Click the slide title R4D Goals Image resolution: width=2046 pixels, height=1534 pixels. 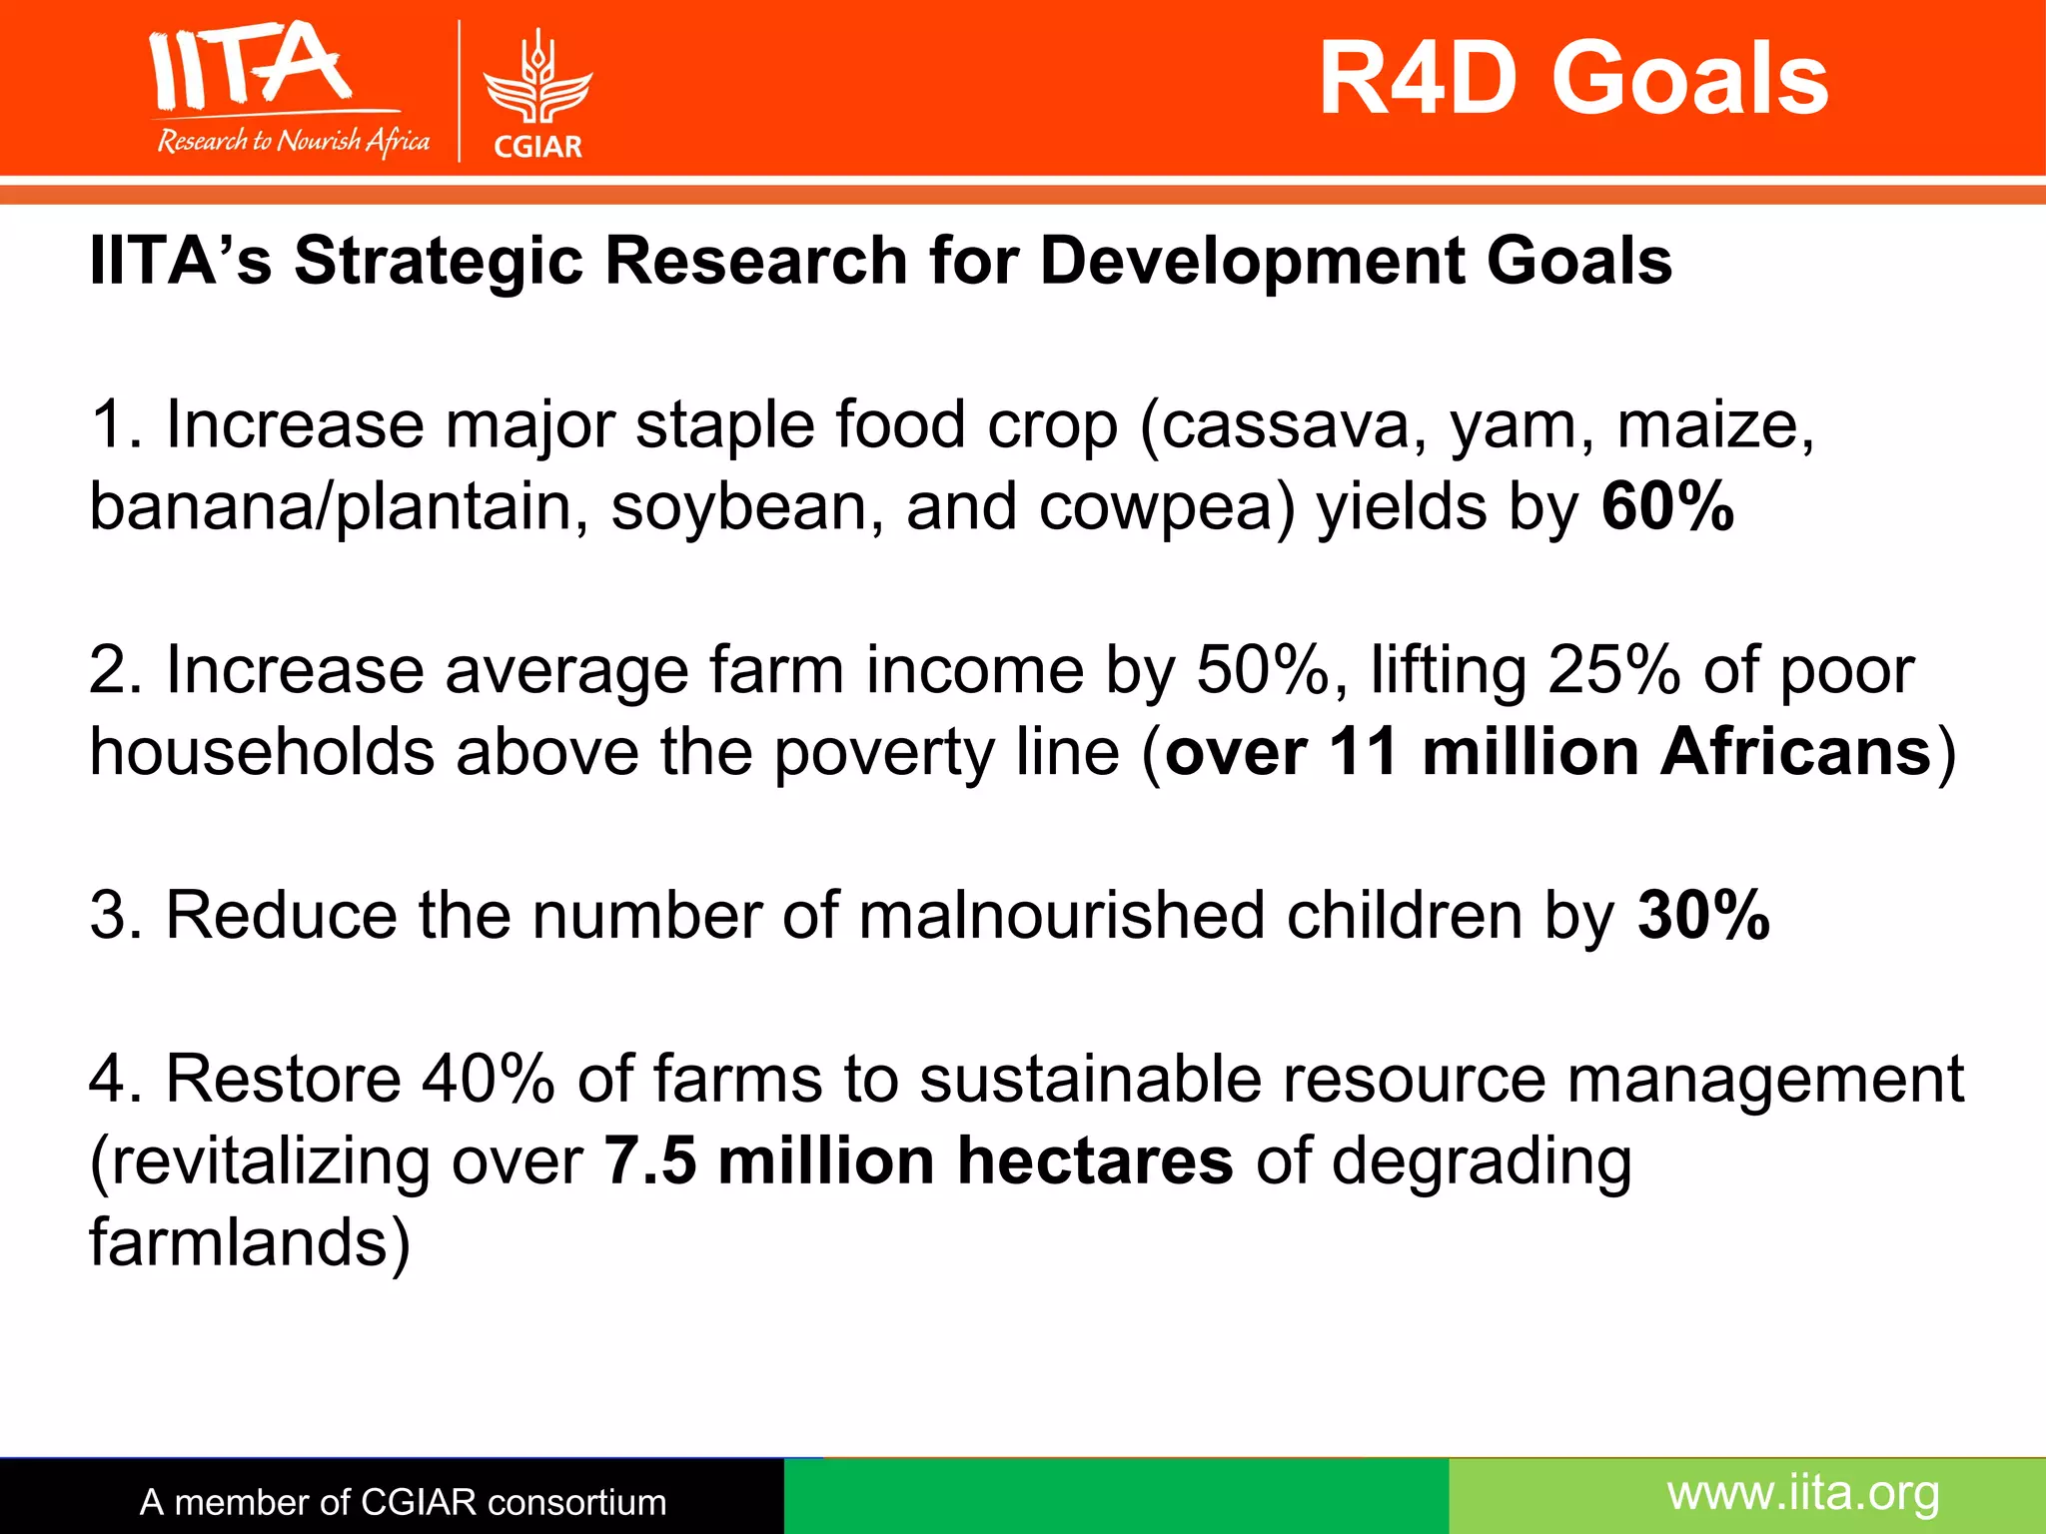(x=1572, y=79)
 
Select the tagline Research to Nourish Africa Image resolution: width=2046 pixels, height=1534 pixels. (x=293, y=141)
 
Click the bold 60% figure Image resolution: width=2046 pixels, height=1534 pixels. (x=1666, y=506)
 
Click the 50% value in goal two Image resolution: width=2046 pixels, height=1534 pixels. (x=1263, y=670)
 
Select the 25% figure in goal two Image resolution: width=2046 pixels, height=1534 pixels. (x=1612, y=670)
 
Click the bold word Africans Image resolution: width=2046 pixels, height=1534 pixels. (x=1795, y=752)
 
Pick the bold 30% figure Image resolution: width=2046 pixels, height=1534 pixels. (x=1703, y=915)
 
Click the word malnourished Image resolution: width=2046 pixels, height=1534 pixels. (x=1061, y=915)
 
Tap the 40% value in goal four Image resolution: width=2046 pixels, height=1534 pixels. (x=488, y=1080)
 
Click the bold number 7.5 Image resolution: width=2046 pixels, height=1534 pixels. (x=650, y=1161)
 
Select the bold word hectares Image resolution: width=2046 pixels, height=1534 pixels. (x=1095, y=1161)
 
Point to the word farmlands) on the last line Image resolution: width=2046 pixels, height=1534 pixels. (x=250, y=1243)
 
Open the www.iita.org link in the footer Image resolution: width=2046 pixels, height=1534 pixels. (x=1803, y=1494)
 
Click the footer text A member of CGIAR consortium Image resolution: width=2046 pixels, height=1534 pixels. (x=403, y=1502)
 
